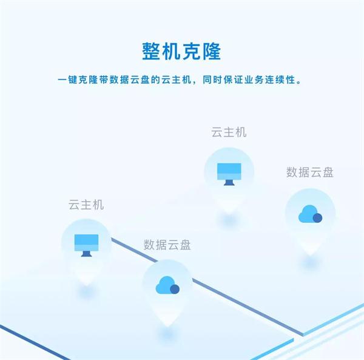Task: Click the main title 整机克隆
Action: tap(182, 50)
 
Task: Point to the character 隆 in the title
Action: tap(215, 50)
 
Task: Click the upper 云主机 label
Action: tap(229, 132)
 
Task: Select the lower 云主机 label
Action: tap(86, 205)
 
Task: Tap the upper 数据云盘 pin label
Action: tap(310, 172)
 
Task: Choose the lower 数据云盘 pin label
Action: tap(167, 245)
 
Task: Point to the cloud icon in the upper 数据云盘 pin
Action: tap(310, 214)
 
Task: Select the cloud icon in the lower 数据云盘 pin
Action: tap(167, 285)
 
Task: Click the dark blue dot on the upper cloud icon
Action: tap(317, 217)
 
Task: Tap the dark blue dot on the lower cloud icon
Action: tap(175, 289)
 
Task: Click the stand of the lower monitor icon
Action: tap(86, 253)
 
